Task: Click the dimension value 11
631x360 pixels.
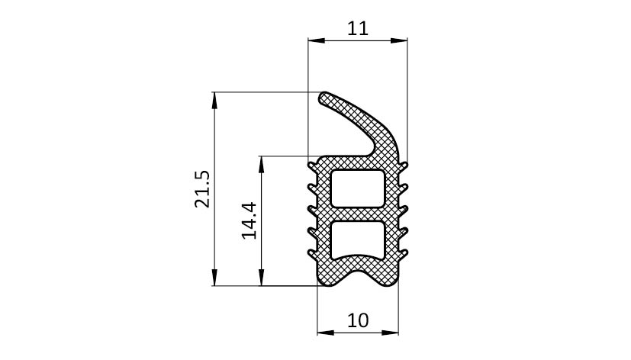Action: click(x=357, y=28)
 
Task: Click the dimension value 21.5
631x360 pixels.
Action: click(x=202, y=189)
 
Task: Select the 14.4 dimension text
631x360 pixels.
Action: click(x=249, y=220)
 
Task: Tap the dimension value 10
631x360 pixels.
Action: click(x=357, y=320)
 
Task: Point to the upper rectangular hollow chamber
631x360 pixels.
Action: click(x=357, y=188)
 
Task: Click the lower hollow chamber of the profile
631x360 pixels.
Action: click(x=357, y=239)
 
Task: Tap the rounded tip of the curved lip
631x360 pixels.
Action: click(x=324, y=98)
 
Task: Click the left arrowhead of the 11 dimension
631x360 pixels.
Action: click(x=317, y=40)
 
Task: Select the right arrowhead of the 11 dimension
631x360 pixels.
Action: click(x=399, y=40)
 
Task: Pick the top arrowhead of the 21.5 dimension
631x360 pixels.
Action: click(x=214, y=101)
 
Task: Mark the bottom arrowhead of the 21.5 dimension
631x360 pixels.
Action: click(x=214, y=278)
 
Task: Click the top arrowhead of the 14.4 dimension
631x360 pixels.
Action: click(x=262, y=164)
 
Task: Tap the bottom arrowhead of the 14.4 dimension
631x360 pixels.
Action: click(x=262, y=278)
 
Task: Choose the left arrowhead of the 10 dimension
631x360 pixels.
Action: click(x=326, y=333)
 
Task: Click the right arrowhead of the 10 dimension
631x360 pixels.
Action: click(x=390, y=333)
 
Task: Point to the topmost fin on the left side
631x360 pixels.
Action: click(x=313, y=166)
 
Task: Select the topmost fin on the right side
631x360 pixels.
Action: click(x=403, y=166)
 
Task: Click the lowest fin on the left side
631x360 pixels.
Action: click(x=313, y=253)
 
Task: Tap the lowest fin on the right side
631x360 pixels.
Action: click(x=403, y=253)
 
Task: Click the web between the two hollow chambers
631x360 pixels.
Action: click(x=357, y=214)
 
